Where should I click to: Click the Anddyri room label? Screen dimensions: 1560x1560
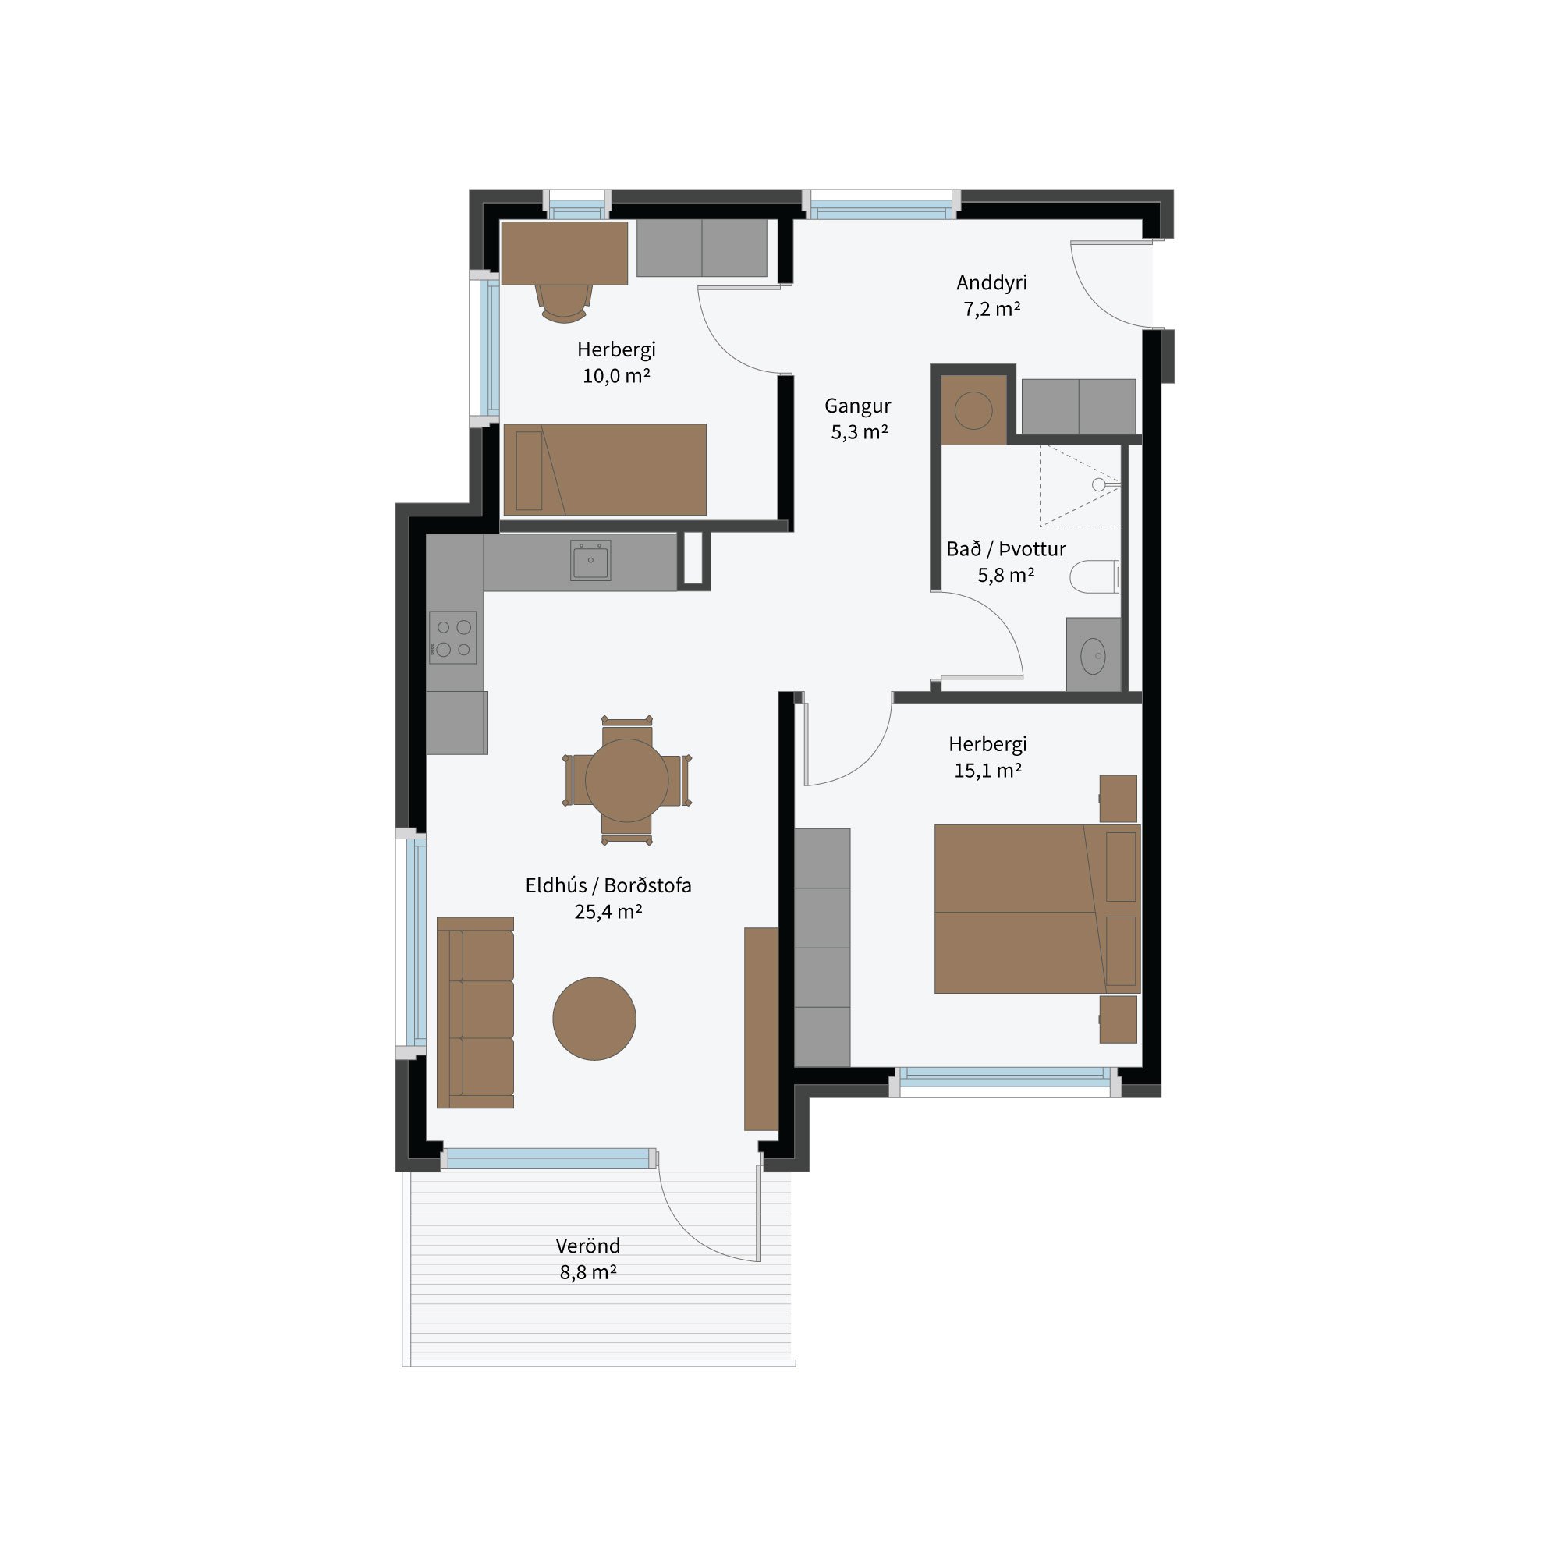click(x=991, y=282)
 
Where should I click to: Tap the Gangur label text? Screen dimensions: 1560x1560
click(x=857, y=406)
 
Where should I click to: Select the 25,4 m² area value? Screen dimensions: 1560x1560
click(x=608, y=912)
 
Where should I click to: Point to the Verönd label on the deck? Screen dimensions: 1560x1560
click(x=588, y=1246)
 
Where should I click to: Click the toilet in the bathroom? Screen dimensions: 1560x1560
click(x=1095, y=576)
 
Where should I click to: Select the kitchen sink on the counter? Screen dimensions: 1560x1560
click(x=590, y=560)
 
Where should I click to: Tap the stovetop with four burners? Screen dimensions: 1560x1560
click(x=452, y=637)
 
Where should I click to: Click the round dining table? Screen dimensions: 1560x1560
click(x=626, y=780)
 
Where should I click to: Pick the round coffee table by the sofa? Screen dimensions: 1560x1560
click(x=594, y=1018)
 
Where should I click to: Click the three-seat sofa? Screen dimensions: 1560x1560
click(x=475, y=1012)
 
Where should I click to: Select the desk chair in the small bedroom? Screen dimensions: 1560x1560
click(x=565, y=303)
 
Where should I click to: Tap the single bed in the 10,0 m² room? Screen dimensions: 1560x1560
click(x=604, y=470)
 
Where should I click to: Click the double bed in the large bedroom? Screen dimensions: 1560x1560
click(x=1037, y=909)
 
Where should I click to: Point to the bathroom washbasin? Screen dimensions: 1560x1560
click(x=1094, y=656)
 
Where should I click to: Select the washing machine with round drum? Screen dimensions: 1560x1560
click(x=973, y=410)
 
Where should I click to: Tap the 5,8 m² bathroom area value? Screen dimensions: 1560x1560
click(x=1006, y=575)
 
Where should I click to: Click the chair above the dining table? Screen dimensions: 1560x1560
click(x=626, y=727)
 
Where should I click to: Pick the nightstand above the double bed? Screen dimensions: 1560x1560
click(x=1119, y=799)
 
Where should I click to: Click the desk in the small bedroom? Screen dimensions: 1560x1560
click(x=565, y=253)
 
